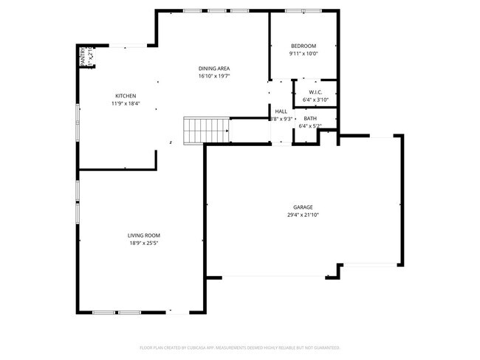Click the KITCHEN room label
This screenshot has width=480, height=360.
click(125, 96)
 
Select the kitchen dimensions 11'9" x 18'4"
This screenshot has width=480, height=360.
click(125, 104)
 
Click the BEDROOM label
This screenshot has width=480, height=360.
click(303, 46)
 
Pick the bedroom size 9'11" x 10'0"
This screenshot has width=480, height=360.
click(303, 53)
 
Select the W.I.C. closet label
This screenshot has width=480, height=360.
click(315, 92)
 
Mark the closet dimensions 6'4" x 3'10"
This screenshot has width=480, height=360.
click(315, 100)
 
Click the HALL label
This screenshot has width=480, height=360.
click(281, 111)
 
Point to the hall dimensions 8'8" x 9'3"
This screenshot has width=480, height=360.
click(282, 119)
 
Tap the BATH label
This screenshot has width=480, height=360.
click(309, 118)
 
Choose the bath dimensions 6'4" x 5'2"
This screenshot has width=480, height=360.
click(309, 125)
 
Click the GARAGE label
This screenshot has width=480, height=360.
click(303, 207)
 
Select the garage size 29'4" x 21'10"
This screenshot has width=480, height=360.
click(303, 215)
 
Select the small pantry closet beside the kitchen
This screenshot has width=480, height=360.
click(86, 57)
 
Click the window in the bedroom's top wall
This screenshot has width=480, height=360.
click(304, 11)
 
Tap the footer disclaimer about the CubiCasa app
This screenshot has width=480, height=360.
click(239, 347)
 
